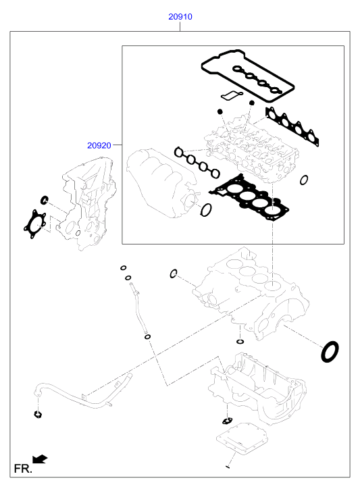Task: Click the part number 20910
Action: (x=180, y=17)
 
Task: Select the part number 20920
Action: (x=99, y=145)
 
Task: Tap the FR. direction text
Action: (x=23, y=469)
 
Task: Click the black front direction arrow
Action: (x=40, y=459)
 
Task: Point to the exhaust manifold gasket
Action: (x=292, y=126)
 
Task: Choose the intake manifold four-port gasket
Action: (x=197, y=163)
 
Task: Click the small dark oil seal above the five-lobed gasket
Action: (x=45, y=199)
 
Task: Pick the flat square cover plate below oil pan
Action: (x=242, y=438)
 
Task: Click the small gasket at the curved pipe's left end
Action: (x=38, y=415)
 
